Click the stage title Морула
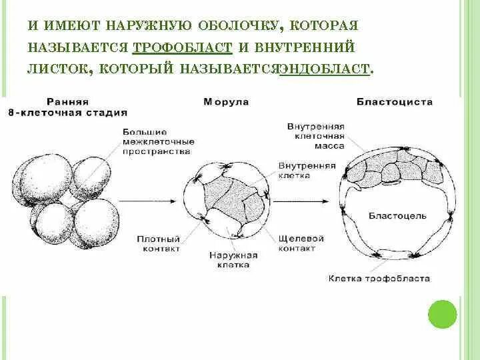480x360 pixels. click(226, 102)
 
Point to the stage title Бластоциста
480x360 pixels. click(395, 102)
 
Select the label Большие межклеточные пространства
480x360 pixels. click(159, 142)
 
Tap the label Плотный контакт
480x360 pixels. click(157, 243)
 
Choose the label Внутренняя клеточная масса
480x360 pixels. click(315, 135)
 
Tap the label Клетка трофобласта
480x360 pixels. click(379, 279)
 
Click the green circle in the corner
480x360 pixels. click(441, 314)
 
